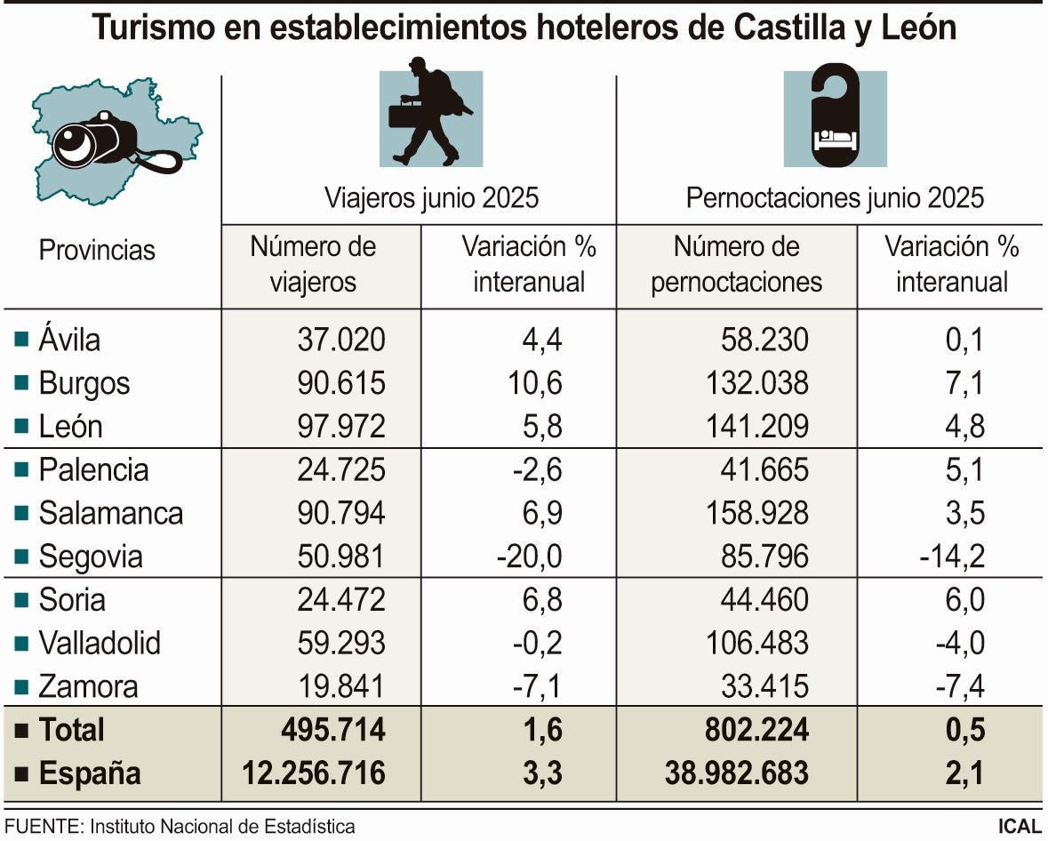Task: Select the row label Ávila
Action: pos(69,340)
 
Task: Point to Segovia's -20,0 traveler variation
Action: pos(530,557)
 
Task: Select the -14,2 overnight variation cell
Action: pos(952,557)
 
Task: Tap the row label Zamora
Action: pos(88,686)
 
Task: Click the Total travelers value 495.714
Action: pos(330,730)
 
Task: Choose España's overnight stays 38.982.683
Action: pos(737,773)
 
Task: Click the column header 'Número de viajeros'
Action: pos(313,264)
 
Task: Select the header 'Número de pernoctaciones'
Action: pos(736,264)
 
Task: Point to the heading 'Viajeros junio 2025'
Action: pos(431,197)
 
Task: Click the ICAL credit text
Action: pos(1020,826)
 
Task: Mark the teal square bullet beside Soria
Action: pos(21,600)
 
